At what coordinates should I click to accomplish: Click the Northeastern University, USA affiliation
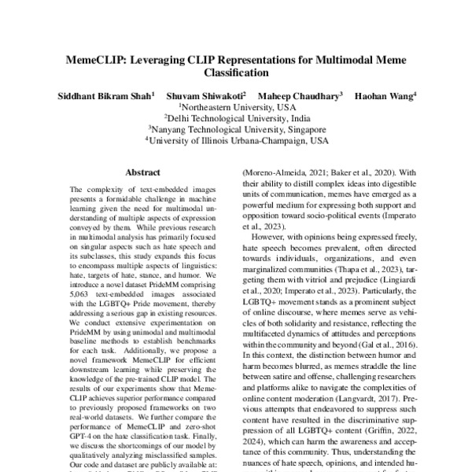click(236, 107)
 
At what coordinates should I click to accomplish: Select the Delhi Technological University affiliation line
click(236, 118)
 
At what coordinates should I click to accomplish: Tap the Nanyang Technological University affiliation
click(236, 129)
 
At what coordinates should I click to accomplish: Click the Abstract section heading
click(142, 171)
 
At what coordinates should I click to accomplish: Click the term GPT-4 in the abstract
click(83, 424)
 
